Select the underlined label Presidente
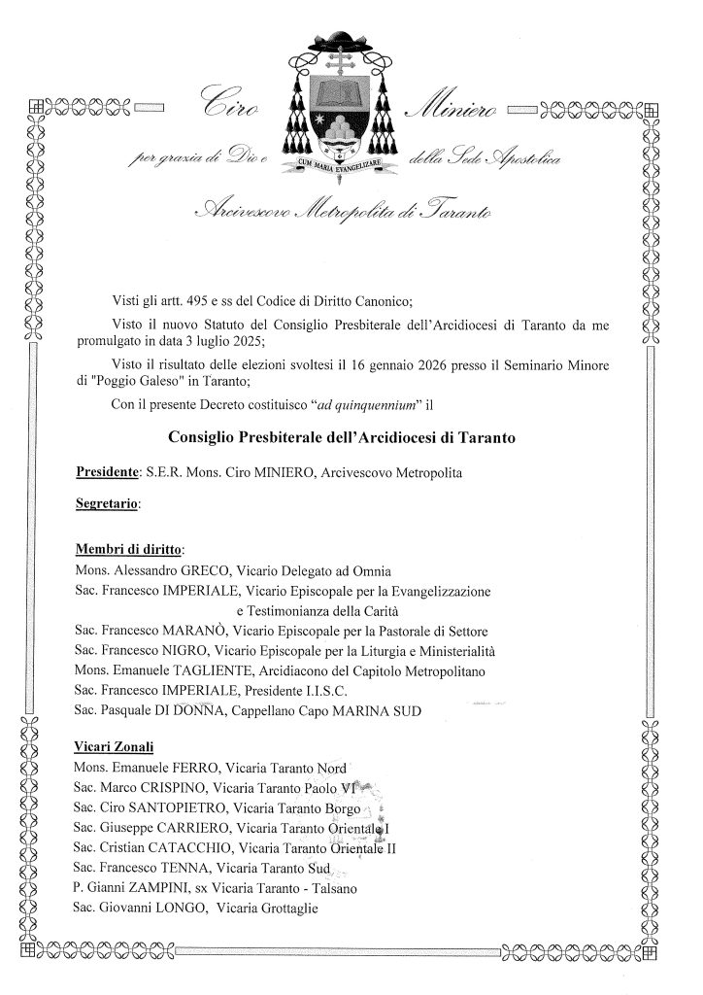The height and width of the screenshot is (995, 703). (106, 472)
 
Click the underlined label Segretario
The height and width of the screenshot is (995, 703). (107, 505)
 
